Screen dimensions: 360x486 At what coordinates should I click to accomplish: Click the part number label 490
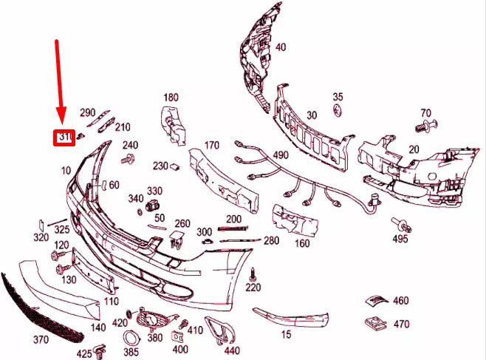[281, 155]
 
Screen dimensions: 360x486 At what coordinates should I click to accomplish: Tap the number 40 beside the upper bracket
[280, 47]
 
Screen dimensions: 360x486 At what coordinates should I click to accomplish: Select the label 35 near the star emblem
[338, 97]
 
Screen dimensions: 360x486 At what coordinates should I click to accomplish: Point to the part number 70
[425, 113]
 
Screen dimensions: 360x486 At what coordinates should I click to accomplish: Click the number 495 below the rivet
[400, 239]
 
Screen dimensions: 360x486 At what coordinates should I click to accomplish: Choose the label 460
[400, 301]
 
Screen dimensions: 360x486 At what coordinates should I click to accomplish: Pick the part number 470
[401, 324]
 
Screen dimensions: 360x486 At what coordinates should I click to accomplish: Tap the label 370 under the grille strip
[41, 340]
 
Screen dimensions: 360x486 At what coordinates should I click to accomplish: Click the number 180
[171, 98]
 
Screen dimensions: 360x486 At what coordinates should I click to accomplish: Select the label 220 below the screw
[253, 288]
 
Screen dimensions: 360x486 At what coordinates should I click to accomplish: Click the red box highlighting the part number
[64, 137]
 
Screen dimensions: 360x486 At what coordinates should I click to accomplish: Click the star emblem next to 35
[338, 110]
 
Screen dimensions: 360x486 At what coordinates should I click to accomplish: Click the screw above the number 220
[253, 273]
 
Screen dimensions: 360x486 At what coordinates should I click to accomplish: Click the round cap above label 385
[130, 336]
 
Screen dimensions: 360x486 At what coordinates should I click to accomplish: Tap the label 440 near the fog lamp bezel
[232, 350]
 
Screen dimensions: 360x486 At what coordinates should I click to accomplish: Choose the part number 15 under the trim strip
[286, 335]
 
